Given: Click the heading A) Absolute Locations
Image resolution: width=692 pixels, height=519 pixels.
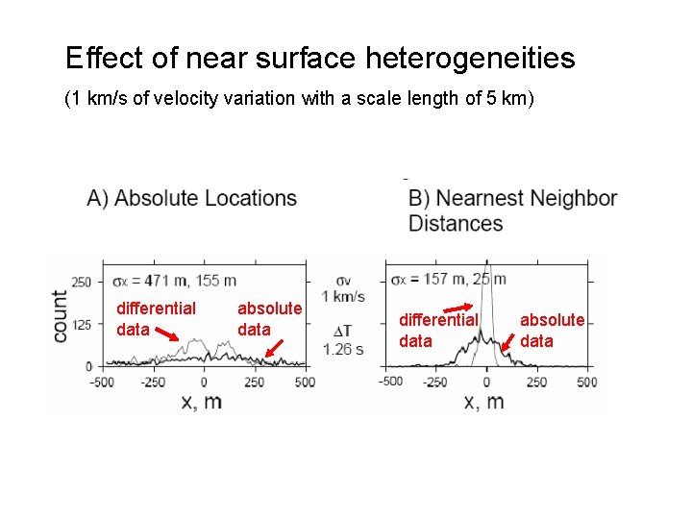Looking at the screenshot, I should tap(191, 199).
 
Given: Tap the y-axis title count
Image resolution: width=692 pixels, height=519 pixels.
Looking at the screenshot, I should tap(60, 316).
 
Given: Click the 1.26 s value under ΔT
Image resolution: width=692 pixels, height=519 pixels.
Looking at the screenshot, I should tap(344, 349).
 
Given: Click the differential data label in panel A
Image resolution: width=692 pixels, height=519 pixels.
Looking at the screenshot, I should tap(155, 318).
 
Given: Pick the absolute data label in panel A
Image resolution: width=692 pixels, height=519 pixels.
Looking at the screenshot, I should tap(268, 318).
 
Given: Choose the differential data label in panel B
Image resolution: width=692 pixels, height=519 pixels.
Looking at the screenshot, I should tap(437, 330).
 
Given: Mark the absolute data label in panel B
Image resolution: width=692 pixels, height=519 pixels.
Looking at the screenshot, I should tap(551, 330).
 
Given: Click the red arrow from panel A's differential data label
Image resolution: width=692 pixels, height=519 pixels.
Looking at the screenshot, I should tap(167, 336).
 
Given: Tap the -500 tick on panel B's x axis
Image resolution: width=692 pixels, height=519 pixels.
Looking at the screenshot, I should tap(390, 382).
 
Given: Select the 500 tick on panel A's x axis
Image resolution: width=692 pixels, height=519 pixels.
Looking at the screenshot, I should tap(304, 382).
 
